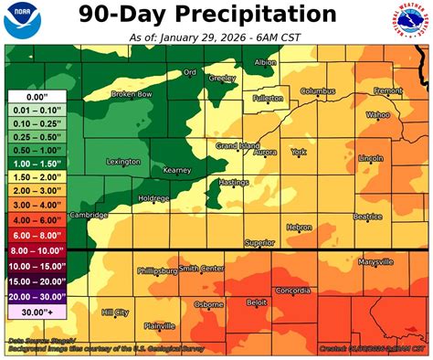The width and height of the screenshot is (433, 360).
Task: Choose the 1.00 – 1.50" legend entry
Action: [36, 160]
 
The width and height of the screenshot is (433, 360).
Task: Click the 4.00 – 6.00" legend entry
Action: [36, 220]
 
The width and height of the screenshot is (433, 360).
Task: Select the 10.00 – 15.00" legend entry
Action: [36, 264]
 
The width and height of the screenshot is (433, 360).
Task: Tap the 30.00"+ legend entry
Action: [36, 311]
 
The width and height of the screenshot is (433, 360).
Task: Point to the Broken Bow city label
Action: [131, 94]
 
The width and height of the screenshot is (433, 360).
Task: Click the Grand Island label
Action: [237, 145]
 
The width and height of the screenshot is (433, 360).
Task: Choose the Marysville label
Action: [375, 261]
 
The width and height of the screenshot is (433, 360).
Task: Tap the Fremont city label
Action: [387, 90]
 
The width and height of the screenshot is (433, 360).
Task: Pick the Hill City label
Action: [114, 312]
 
